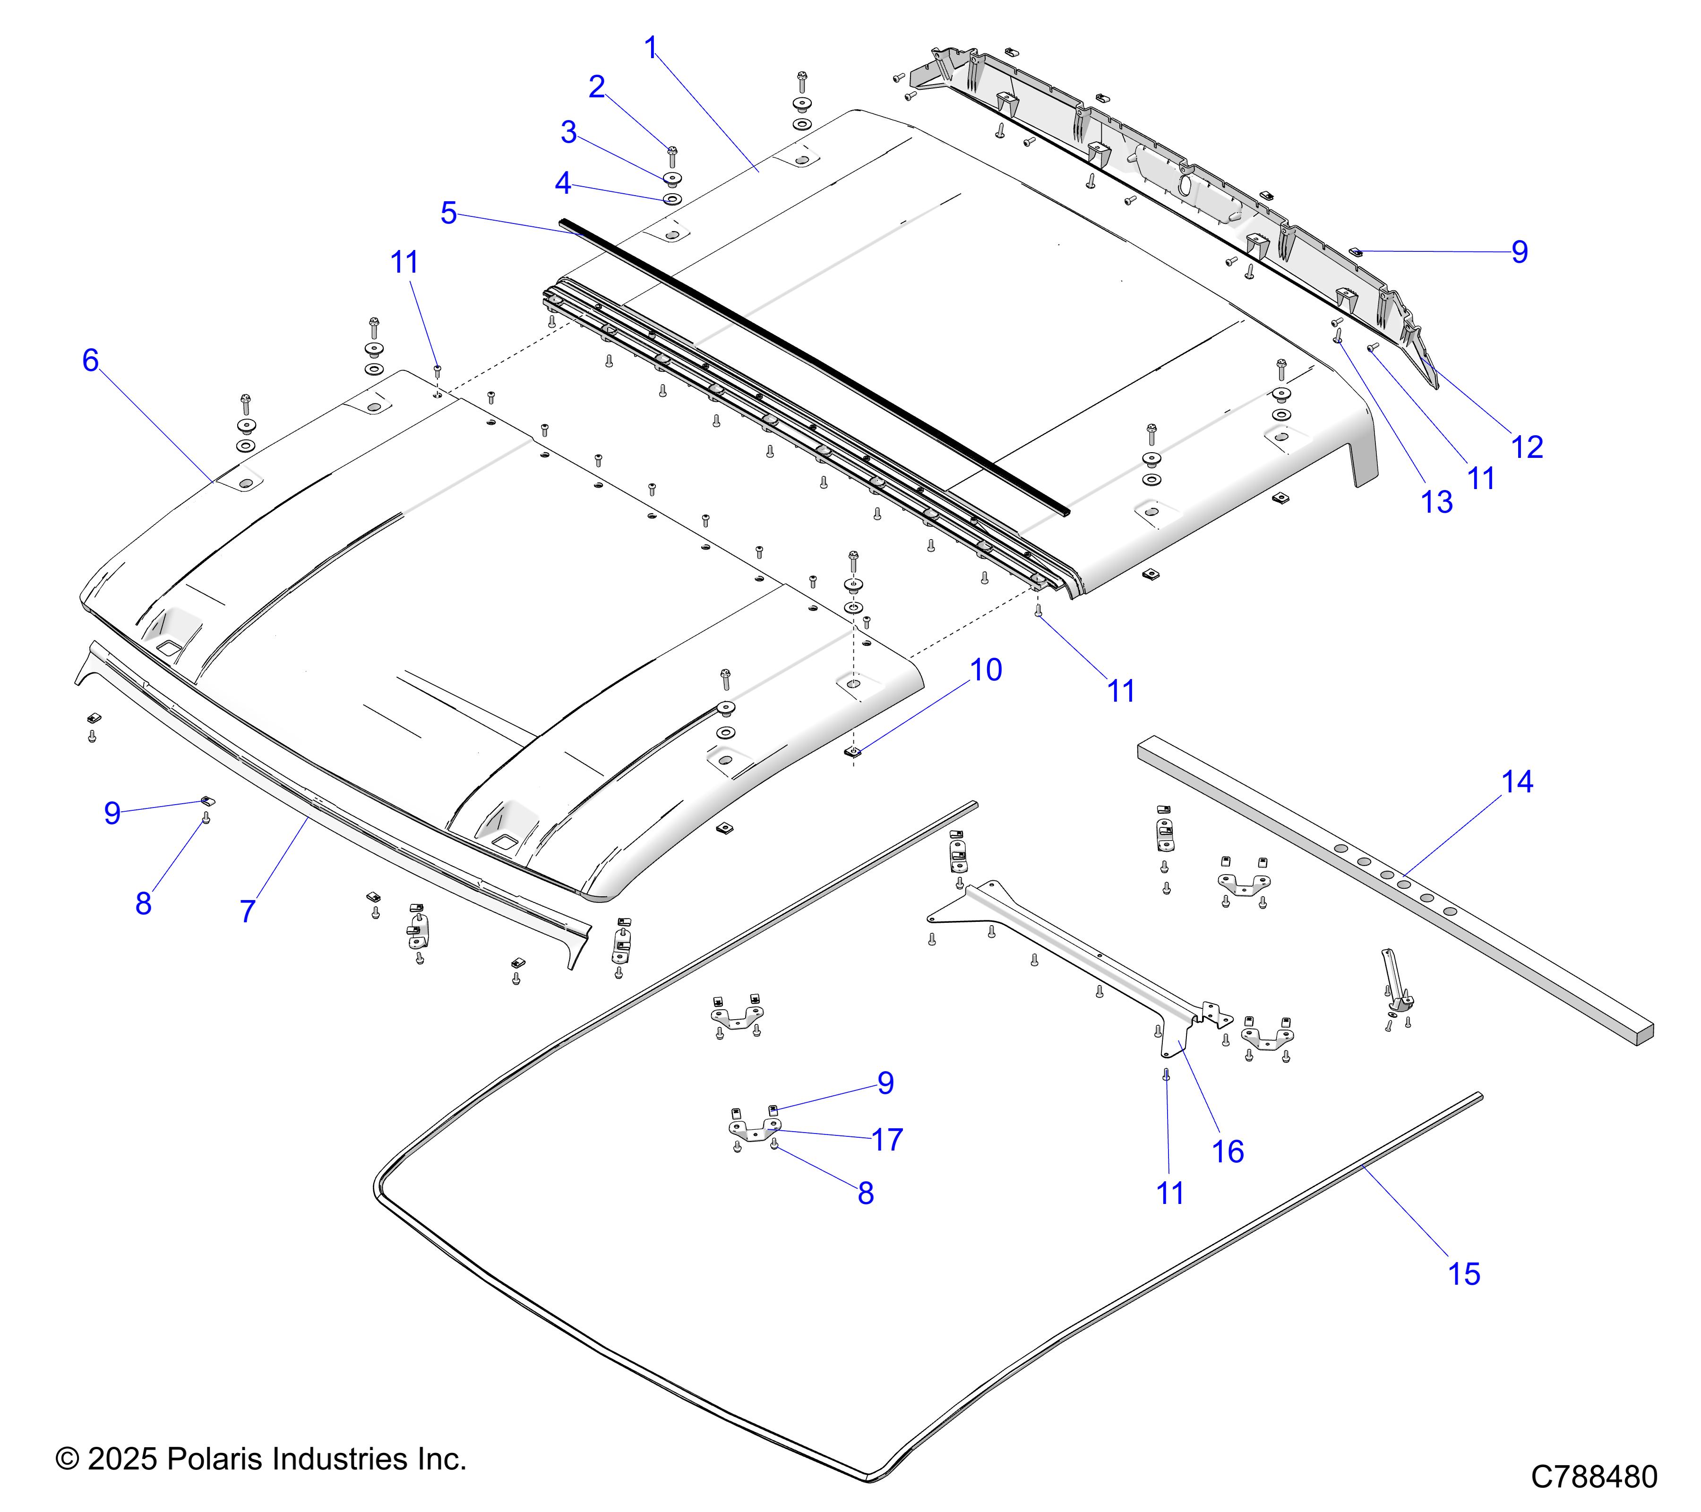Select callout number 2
tap(597, 86)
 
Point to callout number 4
tap(563, 183)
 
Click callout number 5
tap(448, 213)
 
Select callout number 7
tap(247, 911)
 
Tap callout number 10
tap(986, 670)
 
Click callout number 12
tap(1527, 447)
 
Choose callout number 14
tap(1517, 782)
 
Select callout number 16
tap(1228, 1151)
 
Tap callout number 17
tap(887, 1139)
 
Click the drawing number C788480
tap(1594, 1476)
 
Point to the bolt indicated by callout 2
tap(672, 155)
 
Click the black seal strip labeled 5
tap(816, 366)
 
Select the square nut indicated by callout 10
tap(853, 751)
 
